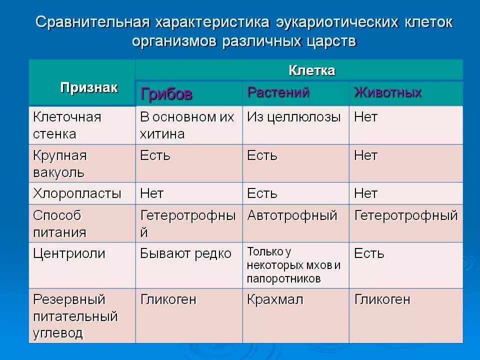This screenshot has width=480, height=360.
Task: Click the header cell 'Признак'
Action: pos(89,88)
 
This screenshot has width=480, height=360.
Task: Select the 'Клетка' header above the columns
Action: pos(311,70)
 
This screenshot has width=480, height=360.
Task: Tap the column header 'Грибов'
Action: pos(166,94)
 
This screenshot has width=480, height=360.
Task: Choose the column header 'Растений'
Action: pos(278,92)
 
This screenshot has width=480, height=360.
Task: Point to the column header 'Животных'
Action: pos(387,92)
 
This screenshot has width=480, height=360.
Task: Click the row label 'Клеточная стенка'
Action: pos(67,125)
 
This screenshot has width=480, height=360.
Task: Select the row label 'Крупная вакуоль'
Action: pos(60,164)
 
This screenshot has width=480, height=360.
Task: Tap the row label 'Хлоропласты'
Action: pos(77,193)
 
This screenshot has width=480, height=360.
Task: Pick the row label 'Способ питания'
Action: pos(59,223)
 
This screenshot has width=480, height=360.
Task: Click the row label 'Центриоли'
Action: pos(69,253)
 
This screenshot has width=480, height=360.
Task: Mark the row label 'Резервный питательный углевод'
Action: pos(75,316)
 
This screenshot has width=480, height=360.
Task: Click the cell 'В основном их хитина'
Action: pos(187,125)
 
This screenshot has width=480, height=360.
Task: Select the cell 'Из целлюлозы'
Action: pos(294,117)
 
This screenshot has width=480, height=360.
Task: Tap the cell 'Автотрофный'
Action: pos(292,216)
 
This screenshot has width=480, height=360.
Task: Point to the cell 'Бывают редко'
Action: pos(185,253)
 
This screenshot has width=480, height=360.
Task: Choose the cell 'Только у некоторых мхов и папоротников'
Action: pos(294,265)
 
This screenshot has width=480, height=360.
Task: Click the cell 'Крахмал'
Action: pos(275,300)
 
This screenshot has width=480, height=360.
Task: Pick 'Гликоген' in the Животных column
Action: pos(382,300)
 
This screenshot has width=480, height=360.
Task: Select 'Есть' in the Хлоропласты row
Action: pos(262,193)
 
